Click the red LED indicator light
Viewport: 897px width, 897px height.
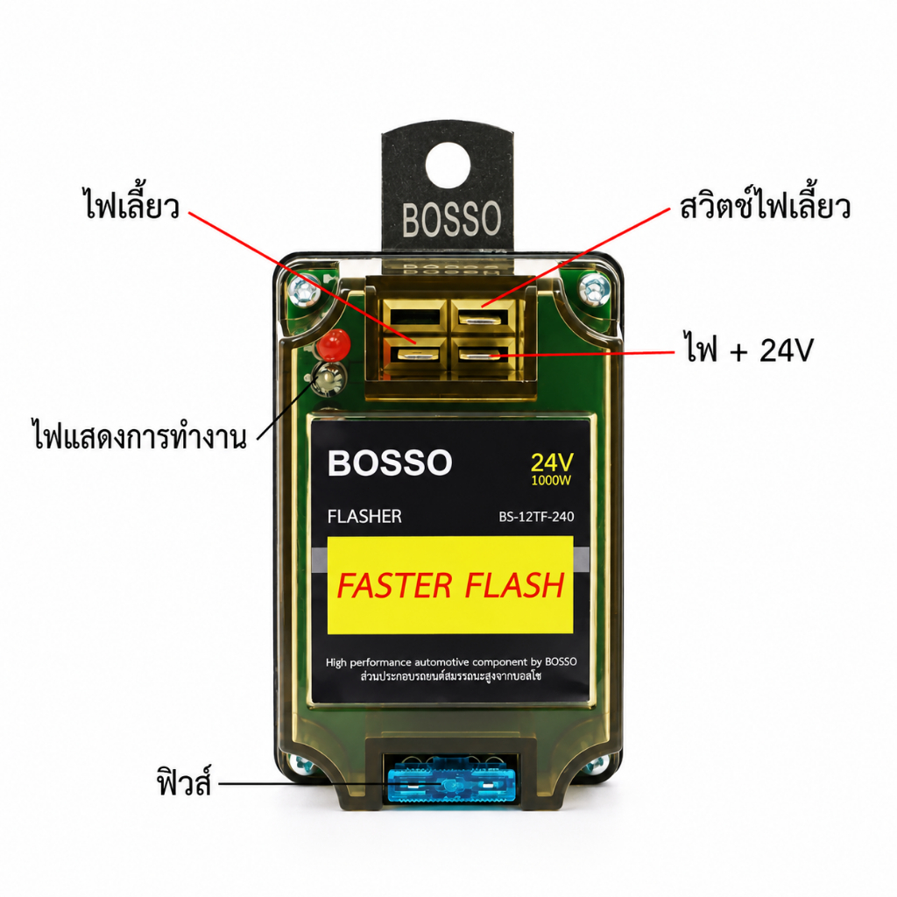334,344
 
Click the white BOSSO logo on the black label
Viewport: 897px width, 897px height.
390,463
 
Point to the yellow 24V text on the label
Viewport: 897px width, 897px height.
552,463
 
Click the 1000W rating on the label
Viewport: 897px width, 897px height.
551,481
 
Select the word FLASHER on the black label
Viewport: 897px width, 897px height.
364,517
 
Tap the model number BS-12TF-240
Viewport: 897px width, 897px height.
536,517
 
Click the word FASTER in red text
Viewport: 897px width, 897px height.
394,585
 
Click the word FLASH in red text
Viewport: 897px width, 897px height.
514,585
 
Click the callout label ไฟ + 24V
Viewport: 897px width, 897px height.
749,349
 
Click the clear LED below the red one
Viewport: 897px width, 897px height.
330,378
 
